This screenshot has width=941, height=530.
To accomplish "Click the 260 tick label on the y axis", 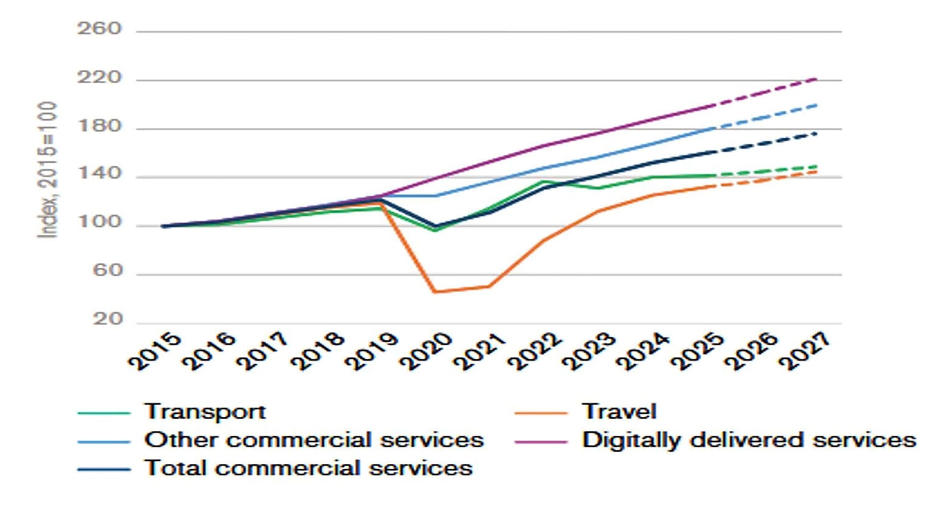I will (x=99, y=29).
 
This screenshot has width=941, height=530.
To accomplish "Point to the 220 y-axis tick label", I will (x=99, y=77).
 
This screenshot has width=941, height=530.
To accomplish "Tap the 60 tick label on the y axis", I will (x=107, y=271).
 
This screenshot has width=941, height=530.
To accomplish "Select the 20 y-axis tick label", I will (x=107, y=319).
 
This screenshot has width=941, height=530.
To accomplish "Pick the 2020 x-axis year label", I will (x=426, y=351).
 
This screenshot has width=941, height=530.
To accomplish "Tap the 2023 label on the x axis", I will (x=589, y=351).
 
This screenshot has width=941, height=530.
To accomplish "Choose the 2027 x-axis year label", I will (x=805, y=351).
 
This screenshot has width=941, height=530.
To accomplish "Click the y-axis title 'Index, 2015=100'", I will (x=48, y=170).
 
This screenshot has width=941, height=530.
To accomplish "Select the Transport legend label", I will (x=205, y=412).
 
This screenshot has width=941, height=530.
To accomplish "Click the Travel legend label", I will (x=619, y=412).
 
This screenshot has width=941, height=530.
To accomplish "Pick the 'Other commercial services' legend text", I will (x=314, y=440).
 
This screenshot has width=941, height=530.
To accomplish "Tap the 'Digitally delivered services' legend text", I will (x=749, y=440).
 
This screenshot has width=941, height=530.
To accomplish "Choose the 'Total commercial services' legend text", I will (x=308, y=468).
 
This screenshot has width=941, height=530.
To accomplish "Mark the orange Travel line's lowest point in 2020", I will (x=435, y=292).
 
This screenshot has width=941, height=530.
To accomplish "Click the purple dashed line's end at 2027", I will (x=816, y=78).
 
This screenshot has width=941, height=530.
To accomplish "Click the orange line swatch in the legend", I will (x=541, y=413).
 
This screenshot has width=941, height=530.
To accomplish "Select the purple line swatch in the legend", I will (x=541, y=441).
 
